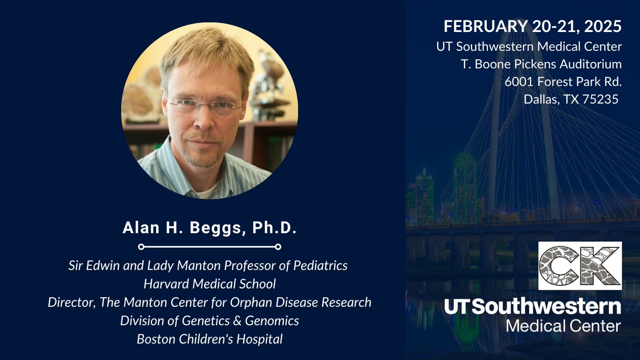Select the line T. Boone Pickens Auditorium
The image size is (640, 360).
(541, 65)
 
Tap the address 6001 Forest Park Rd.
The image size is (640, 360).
(563, 82)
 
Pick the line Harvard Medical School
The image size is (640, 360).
(209, 284)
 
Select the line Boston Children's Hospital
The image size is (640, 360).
(209, 338)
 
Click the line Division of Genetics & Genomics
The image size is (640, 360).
(209, 320)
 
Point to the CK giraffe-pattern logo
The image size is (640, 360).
(580, 266)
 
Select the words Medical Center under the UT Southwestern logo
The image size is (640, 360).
(563, 325)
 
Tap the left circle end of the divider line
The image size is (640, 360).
(141, 247)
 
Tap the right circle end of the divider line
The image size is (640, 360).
(278, 247)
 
